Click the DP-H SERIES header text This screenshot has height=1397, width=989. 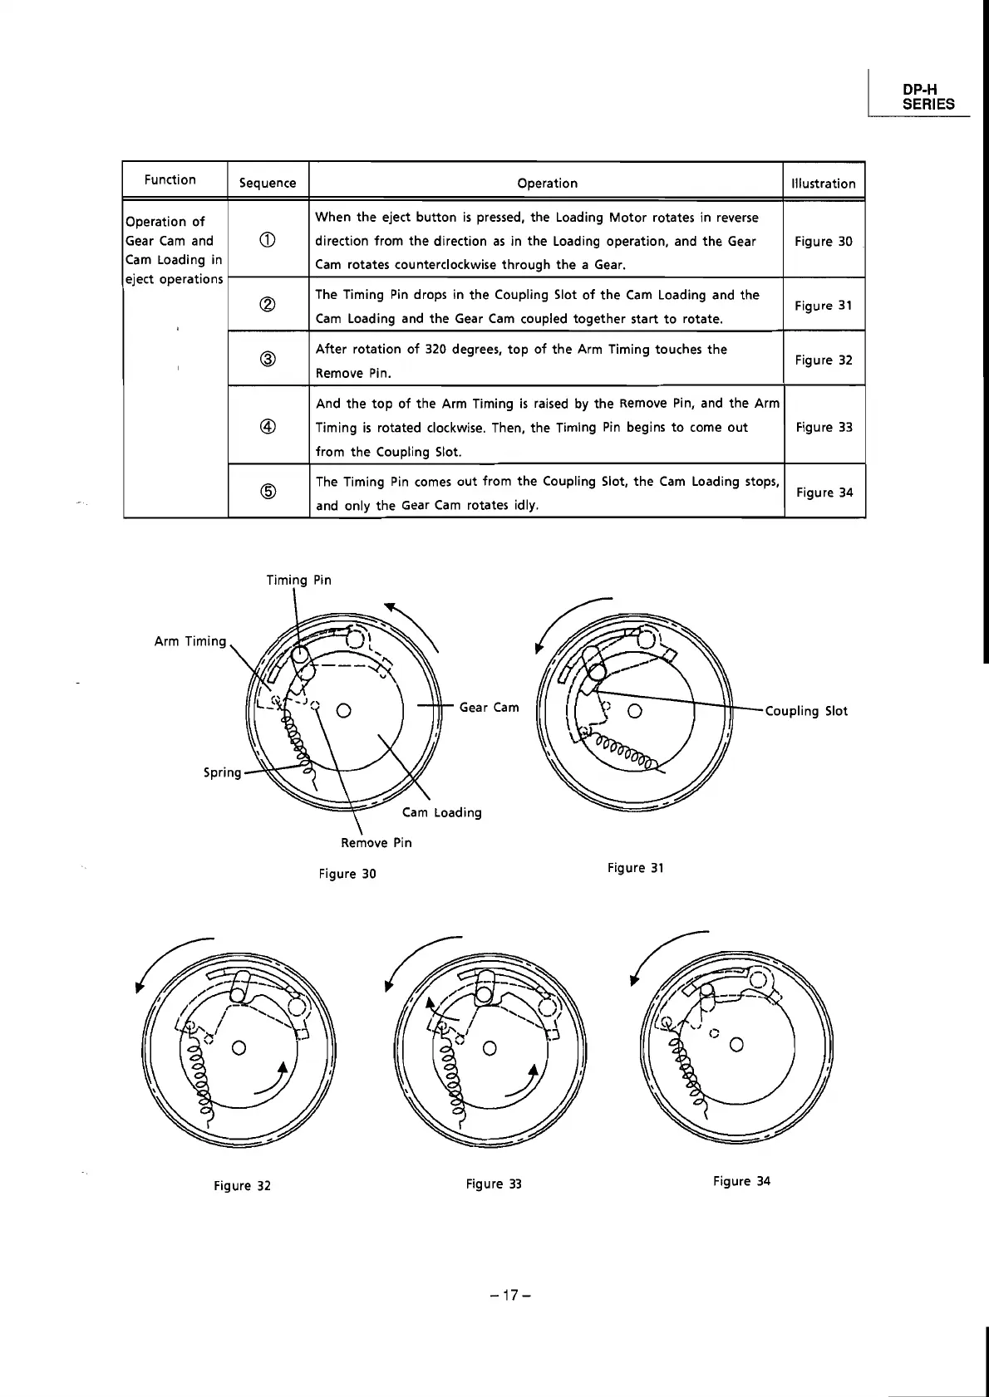point(928,97)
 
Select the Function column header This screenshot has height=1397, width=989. point(170,179)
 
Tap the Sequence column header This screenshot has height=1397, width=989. point(267,183)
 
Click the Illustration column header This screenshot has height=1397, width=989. point(823,184)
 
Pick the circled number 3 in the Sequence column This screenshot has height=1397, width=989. point(268,359)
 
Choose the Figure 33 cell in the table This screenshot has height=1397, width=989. point(824,427)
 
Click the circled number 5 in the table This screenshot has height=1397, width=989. point(268,492)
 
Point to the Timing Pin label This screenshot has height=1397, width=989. point(298,580)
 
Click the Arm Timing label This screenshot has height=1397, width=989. point(189,641)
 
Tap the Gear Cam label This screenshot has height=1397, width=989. point(489,708)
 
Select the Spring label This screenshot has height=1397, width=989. point(222,772)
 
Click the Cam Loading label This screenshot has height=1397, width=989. point(441,812)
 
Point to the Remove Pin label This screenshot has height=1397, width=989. point(376,843)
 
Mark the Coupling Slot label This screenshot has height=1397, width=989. point(805,711)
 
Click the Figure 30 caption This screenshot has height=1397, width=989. point(347,874)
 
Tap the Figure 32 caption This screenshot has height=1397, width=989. point(242,1185)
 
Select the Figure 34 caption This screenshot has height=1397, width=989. point(741,1181)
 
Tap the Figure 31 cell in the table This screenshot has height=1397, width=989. point(823,306)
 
